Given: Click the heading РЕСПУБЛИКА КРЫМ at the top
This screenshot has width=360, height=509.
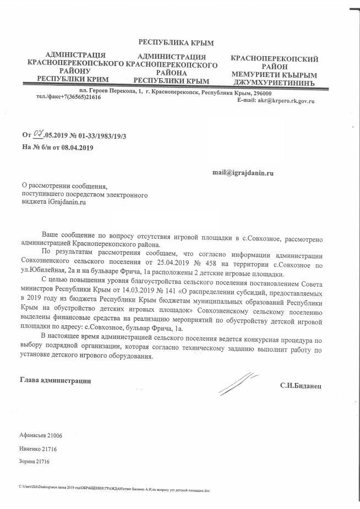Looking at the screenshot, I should pyautogui.click(x=176, y=43).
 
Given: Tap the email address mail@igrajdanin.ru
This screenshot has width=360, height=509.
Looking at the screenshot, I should pyautogui.click(x=243, y=173).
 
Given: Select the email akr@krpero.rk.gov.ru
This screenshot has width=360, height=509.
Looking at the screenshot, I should pyautogui.click(x=291, y=101).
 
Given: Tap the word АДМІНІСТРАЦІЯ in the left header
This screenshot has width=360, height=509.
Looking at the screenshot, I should pyautogui.click(x=75, y=56).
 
